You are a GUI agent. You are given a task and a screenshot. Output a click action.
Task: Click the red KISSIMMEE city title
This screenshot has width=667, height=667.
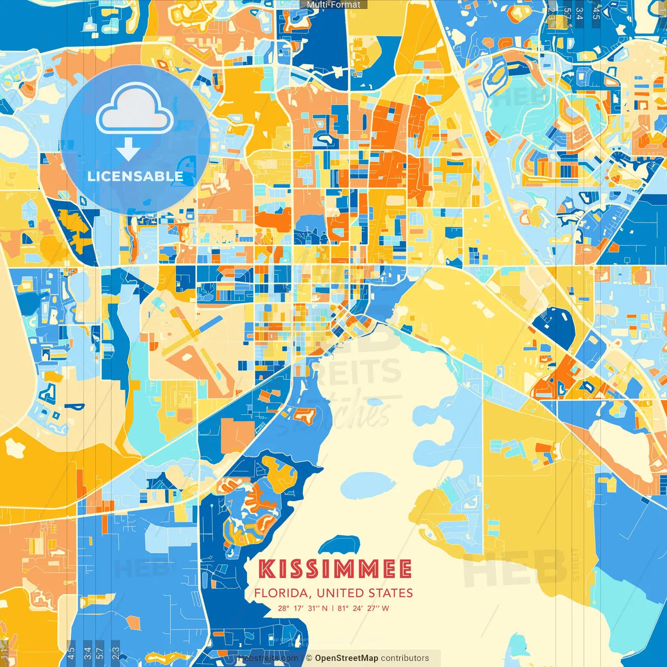click(x=335, y=569)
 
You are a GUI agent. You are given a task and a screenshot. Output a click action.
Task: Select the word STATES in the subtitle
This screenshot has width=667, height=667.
click(x=390, y=593)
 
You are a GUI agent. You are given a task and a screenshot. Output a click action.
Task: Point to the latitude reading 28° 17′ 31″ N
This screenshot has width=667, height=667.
click(x=303, y=608)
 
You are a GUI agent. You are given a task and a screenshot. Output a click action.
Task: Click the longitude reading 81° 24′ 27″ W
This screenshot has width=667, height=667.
click(x=363, y=608)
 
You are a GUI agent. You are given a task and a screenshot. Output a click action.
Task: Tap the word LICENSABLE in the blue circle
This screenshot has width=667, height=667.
click(x=135, y=176)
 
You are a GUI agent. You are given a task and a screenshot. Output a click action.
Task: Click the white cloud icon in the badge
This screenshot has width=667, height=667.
click(x=135, y=110)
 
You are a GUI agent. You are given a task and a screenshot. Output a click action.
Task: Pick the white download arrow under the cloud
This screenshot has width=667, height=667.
click(x=128, y=150)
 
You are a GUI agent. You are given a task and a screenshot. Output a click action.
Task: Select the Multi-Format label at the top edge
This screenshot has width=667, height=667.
click(x=333, y=5)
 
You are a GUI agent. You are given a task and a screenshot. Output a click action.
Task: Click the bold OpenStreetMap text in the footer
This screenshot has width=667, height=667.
click(x=347, y=658)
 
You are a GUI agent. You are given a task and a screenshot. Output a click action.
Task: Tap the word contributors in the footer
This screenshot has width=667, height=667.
click(x=405, y=658)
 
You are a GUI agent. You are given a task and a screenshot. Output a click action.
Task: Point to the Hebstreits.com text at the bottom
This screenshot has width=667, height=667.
click(x=268, y=658)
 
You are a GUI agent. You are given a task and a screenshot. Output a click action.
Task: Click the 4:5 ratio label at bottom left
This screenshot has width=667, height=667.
click(x=71, y=651)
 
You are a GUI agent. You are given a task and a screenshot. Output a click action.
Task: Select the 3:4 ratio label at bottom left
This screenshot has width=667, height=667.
click(x=87, y=651)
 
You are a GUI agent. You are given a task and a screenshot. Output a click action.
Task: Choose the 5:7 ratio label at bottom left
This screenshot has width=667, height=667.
click(x=101, y=651)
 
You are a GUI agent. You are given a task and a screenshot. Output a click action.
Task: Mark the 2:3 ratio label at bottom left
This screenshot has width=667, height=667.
click(x=115, y=651)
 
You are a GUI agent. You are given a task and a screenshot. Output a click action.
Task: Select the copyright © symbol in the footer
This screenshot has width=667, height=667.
click(x=309, y=658)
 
